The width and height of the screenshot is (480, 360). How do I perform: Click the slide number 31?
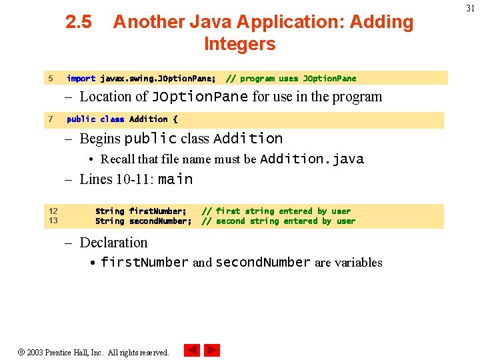click(470, 8)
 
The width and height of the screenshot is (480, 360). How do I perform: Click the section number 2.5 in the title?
click(79, 22)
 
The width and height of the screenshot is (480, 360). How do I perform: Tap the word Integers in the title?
click(239, 44)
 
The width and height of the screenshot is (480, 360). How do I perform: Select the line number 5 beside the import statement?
click(51, 79)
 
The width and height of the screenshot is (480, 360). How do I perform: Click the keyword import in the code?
click(81, 79)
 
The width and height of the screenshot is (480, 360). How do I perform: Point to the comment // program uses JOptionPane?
click(291, 79)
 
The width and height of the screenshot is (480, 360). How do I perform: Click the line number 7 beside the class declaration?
click(51, 119)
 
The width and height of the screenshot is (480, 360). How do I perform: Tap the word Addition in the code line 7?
click(148, 119)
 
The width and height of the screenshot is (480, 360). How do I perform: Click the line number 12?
click(53, 211)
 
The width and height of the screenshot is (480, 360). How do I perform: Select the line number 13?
click(53, 221)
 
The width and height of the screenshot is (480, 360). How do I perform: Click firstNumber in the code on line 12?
click(157, 211)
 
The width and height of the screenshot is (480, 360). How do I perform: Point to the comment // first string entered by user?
click(275, 211)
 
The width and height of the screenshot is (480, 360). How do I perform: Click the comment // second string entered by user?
click(278, 221)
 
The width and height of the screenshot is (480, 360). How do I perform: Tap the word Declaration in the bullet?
click(113, 243)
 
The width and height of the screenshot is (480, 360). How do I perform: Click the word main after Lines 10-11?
click(175, 179)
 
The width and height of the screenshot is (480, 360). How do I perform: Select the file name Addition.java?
click(312, 159)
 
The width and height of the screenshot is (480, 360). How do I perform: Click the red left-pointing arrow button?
click(192, 350)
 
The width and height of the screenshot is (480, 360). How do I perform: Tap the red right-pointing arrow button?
click(212, 350)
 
